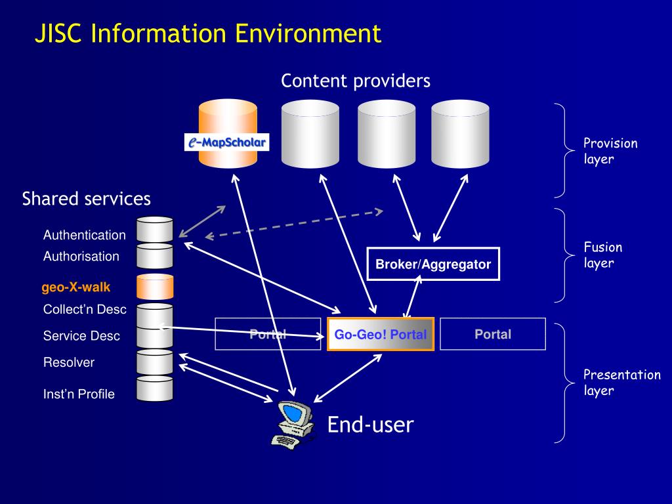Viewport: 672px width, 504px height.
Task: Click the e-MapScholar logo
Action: [226, 142]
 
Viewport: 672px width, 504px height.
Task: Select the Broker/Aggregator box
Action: [433, 264]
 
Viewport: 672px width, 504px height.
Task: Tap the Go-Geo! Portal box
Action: [381, 334]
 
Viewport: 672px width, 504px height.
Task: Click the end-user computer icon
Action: [293, 425]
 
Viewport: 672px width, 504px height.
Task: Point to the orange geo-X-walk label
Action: [76, 287]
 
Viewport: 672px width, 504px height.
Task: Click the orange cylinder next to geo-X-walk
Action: [155, 287]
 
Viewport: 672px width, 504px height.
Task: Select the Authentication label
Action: [85, 235]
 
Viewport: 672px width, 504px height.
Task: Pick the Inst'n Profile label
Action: [79, 394]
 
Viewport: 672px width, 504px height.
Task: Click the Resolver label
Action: [68, 362]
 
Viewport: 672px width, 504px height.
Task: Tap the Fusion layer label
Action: [602, 255]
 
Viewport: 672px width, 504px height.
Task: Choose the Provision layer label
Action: [610, 151]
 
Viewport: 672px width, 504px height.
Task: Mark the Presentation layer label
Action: [622, 383]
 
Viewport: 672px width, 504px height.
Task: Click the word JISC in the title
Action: [58, 33]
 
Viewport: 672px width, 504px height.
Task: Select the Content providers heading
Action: [356, 81]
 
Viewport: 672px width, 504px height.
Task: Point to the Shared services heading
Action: [86, 199]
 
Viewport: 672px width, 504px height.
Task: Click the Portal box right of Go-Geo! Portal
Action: [493, 334]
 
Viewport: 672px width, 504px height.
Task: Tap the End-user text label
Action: [370, 425]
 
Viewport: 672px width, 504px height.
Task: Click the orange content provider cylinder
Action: [228, 134]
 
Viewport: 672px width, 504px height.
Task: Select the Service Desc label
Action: [81, 335]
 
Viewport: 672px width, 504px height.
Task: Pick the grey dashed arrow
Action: [294, 224]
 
